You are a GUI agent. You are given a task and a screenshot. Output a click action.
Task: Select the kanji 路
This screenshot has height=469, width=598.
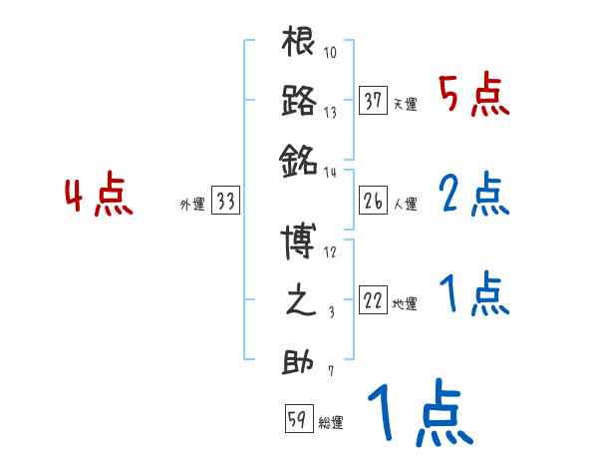click(x=299, y=102)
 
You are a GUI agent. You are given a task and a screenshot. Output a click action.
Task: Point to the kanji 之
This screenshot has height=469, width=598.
click(x=299, y=302)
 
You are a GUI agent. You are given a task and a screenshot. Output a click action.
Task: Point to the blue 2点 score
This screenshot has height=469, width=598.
click(x=473, y=197)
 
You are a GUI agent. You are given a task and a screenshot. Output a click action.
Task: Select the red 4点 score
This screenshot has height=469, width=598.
click(x=98, y=197)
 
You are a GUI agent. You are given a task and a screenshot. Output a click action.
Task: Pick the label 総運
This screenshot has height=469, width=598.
click(x=331, y=422)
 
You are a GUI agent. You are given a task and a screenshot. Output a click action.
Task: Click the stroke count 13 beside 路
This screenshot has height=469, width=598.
click(x=330, y=113)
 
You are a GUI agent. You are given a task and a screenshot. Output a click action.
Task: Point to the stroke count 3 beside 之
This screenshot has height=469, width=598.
click(x=330, y=313)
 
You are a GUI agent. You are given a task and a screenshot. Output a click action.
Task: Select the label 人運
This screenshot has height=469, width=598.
click(x=406, y=205)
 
